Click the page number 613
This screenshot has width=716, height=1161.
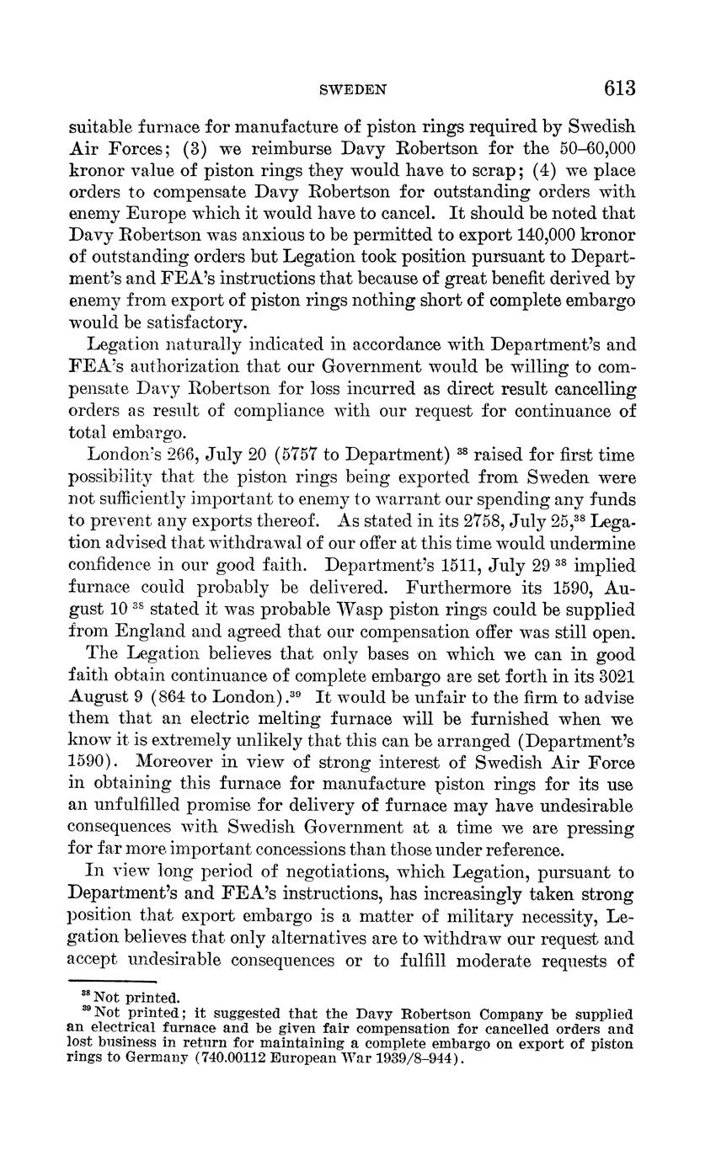618,88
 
